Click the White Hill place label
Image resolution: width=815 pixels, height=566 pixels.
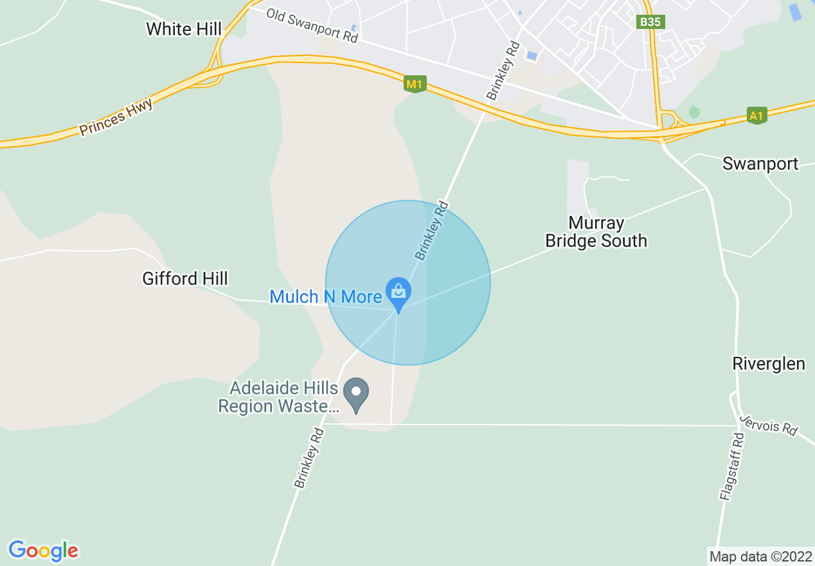pyautogui.click(x=184, y=29)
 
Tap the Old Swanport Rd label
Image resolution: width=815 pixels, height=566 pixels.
pyautogui.click(x=312, y=26)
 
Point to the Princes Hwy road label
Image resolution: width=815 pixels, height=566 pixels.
pyautogui.click(x=116, y=117)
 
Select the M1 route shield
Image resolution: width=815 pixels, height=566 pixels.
pyautogui.click(x=415, y=84)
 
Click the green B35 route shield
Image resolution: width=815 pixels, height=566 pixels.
pyautogui.click(x=650, y=22)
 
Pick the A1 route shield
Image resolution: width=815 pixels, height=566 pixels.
pyautogui.click(x=758, y=115)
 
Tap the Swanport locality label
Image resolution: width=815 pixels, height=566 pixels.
pyautogui.click(x=760, y=163)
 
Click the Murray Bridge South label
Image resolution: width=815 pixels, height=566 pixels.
pyautogui.click(x=596, y=232)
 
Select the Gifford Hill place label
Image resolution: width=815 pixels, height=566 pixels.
pyautogui.click(x=185, y=278)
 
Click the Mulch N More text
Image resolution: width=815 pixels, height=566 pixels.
pyautogui.click(x=326, y=297)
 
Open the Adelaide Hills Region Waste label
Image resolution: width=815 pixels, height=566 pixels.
pyautogui.click(x=278, y=397)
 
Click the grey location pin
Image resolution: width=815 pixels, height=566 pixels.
pyautogui.click(x=355, y=394)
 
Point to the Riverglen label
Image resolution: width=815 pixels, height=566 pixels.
pyautogui.click(x=769, y=363)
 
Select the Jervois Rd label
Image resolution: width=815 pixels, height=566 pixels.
pyautogui.click(x=767, y=424)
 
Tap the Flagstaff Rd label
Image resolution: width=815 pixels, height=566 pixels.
pyautogui.click(x=731, y=467)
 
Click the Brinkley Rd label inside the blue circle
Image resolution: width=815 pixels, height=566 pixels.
pyautogui.click(x=431, y=232)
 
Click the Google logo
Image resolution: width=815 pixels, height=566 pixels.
pyautogui.click(x=43, y=551)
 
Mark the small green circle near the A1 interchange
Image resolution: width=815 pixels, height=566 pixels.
pyautogui.click(x=694, y=112)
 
